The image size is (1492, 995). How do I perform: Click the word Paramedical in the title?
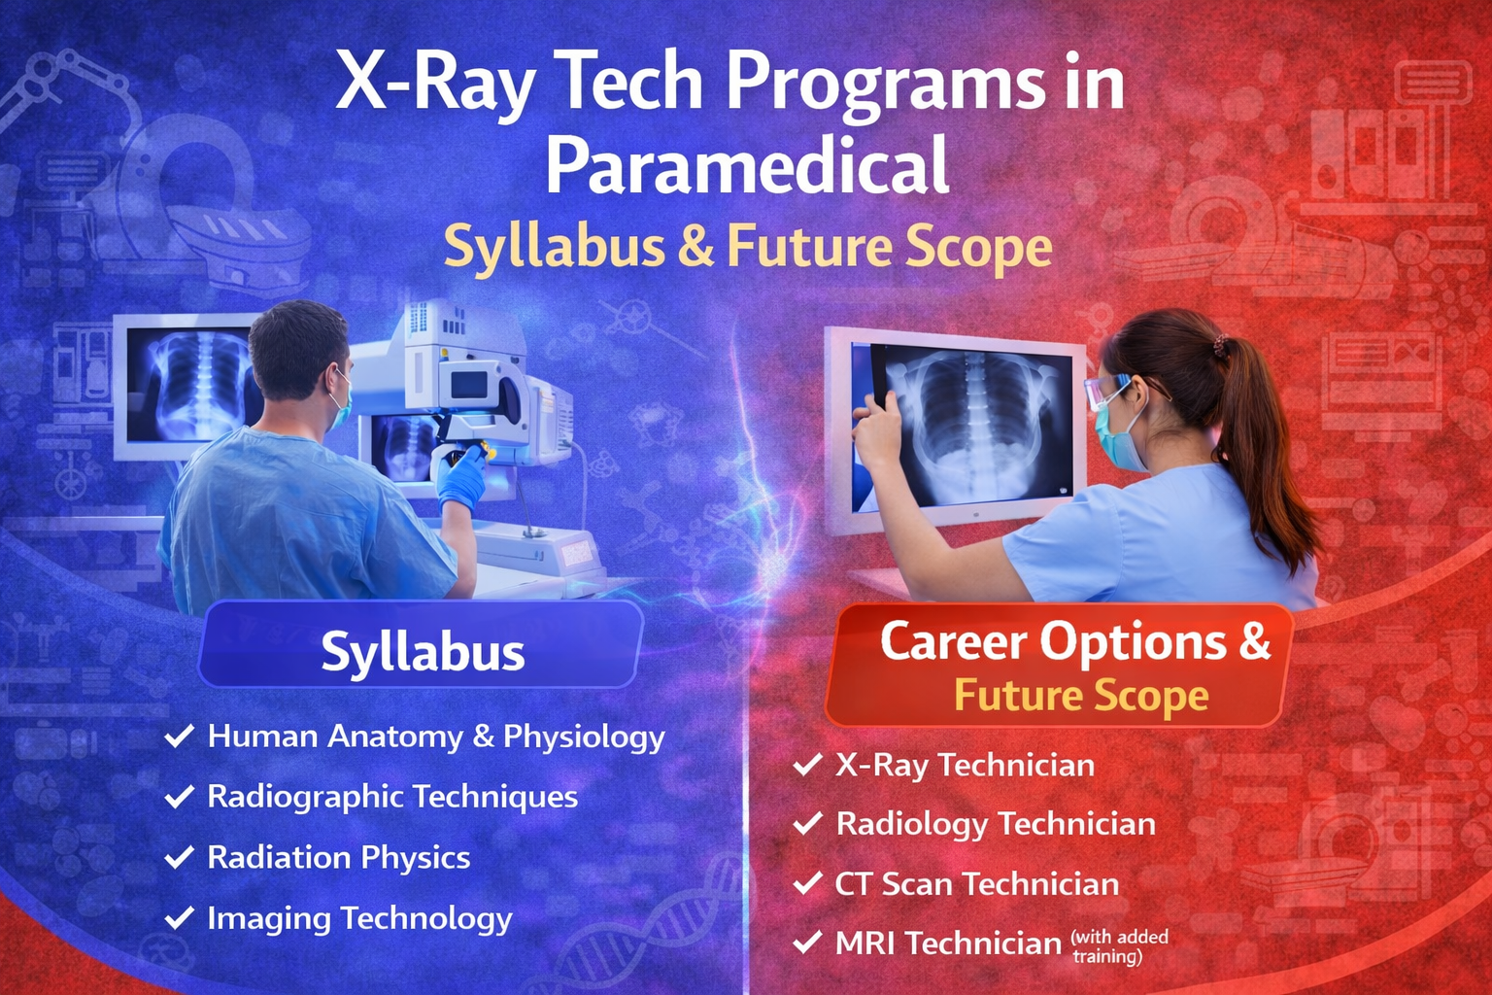click(x=747, y=164)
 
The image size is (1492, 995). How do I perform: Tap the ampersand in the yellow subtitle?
click(x=695, y=247)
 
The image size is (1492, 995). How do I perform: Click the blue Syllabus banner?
click(x=422, y=644)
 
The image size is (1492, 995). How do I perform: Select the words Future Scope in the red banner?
click(x=1081, y=696)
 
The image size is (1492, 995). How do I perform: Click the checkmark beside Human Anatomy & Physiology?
click(x=179, y=736)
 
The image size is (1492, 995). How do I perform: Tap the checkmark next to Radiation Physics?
click(x=179, y=857)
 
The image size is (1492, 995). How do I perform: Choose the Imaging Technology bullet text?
click(x=359, y=919)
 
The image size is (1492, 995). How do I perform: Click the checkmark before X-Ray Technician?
click(x=807, y=765)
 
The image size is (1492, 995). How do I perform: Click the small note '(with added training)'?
click(x=1120, y=947)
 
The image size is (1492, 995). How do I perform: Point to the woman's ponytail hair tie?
click(x=1220, y=346)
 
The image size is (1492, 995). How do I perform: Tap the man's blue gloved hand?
click(x=461, y=478)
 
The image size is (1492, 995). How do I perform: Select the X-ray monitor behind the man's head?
click(x=187, y=387)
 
